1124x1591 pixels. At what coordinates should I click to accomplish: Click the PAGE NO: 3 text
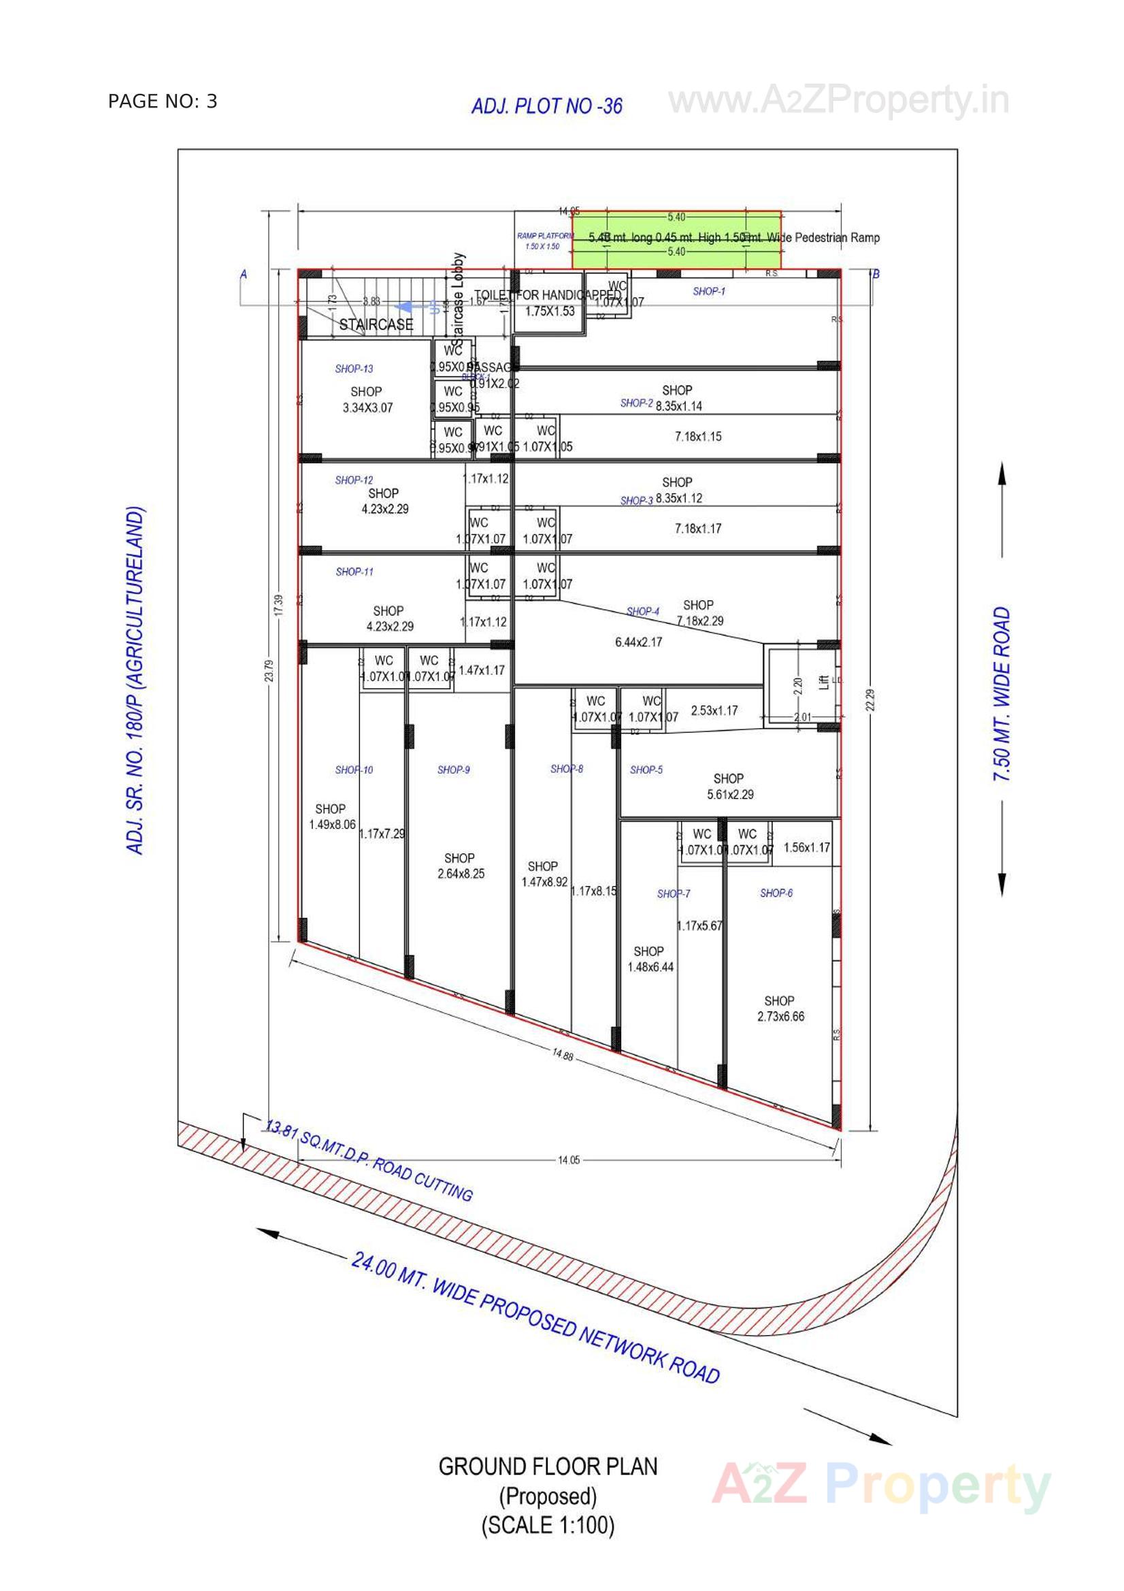tap(162, 102)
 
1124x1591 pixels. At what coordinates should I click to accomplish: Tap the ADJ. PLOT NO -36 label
tap(546, 106)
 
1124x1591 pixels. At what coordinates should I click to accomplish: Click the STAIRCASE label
tap(376, 325)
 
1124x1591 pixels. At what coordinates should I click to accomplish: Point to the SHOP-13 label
tap(354, 369)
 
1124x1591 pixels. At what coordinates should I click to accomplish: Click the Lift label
tap(824, 683)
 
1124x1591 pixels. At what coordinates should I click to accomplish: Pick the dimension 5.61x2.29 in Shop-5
tap(729, 794)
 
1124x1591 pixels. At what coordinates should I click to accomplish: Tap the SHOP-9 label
tap(453, 769)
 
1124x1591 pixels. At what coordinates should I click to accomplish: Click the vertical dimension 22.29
tap(870, 699)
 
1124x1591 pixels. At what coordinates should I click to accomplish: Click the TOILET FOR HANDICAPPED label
tap(548, 295)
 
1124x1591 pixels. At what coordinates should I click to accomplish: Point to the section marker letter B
tap(876, 274)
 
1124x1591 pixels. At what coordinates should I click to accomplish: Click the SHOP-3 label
tap(636, 500)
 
